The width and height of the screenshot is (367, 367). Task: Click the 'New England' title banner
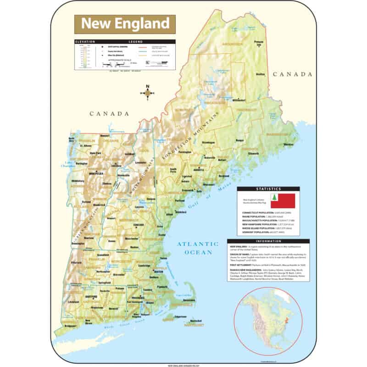point(125,23)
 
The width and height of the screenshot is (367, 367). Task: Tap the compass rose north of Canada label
point(148,93)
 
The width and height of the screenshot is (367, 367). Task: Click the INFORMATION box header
point(268,241)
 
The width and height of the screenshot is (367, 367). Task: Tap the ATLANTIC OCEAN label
point(198,248)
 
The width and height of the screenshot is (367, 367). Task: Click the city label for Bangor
point(240,139)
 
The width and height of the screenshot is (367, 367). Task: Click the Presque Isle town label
point(259,43)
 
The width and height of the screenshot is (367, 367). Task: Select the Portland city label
point(180,200)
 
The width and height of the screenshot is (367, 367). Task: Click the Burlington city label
point(81,162)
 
